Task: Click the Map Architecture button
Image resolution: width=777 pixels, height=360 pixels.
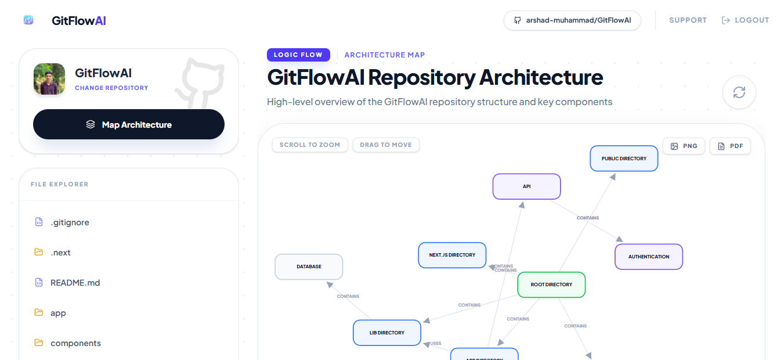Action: coord(129,124)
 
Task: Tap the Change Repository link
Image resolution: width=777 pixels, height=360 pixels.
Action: coord(111,88)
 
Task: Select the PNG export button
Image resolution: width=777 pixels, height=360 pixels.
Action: coord(684,146)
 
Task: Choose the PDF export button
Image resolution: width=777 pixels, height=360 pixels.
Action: coord(730,146)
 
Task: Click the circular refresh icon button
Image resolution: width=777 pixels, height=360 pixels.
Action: coord(739,92)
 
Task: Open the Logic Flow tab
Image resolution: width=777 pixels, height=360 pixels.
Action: coord(298,55)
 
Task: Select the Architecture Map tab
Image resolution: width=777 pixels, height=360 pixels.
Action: coord(384,55)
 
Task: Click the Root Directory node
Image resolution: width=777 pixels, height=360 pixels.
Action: coord(551,285)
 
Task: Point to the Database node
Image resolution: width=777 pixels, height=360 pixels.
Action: coord(309,267)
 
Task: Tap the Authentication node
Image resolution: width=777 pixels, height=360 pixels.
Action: coord(649,257)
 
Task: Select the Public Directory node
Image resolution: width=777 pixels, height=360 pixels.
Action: coord(624,159)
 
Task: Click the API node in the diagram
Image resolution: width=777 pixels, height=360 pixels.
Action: coord(526,186)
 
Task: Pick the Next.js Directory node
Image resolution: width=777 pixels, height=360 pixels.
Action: coord(452,255)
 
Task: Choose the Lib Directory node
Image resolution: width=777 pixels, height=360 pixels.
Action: coord(387,333)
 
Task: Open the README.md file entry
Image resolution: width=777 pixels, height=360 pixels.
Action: coord(75,283)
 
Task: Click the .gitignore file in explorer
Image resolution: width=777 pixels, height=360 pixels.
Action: coord(70,222)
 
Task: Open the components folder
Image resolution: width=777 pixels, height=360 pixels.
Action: coord(75,343)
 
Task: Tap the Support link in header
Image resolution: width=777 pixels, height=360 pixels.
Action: coord(688,20)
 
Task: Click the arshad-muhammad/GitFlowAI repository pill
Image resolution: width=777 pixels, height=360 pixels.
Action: coord(572,20)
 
